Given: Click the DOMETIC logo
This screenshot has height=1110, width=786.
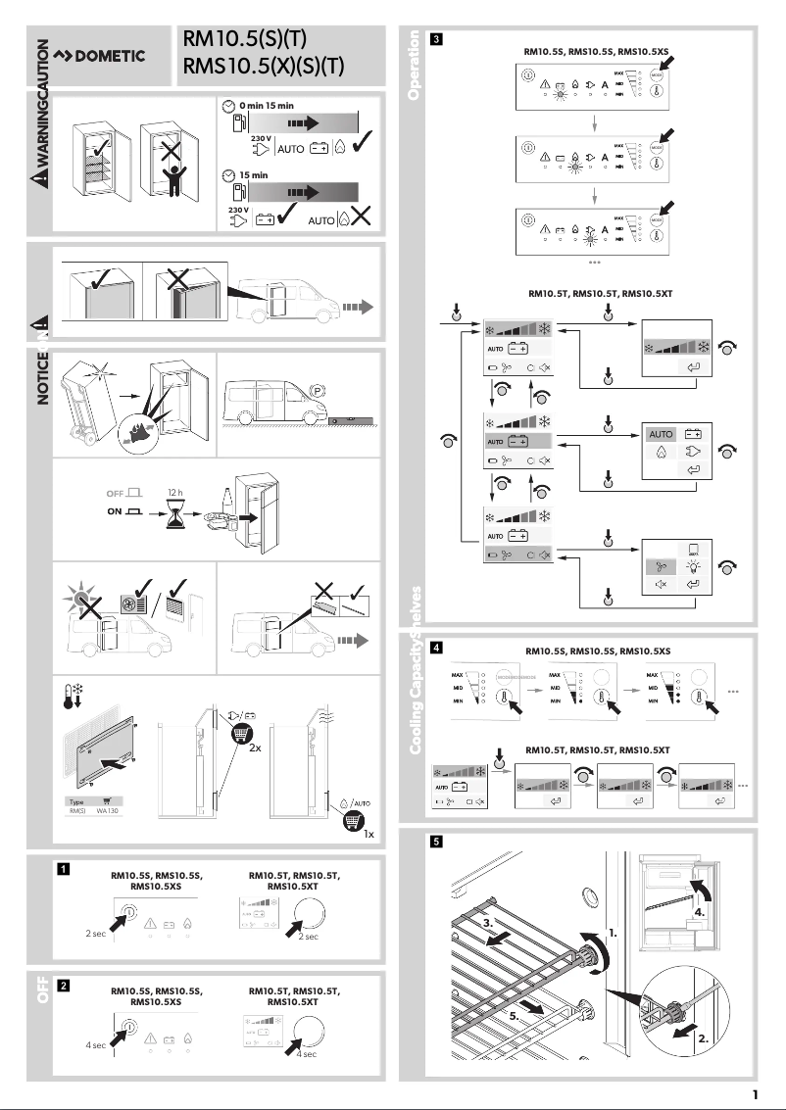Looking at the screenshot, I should [99, 55].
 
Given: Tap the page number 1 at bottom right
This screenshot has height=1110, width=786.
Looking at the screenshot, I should [755, 1094].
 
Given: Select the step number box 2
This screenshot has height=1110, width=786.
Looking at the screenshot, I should [63, 985].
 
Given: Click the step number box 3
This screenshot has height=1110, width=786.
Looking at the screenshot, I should [436, 40].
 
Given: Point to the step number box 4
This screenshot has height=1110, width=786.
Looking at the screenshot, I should [436, 647].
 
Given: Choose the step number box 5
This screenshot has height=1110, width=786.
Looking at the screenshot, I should [436, 841].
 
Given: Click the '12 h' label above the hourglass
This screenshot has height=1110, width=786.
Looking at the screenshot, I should [175, 491].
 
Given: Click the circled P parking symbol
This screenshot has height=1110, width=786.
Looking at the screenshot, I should [318, 389].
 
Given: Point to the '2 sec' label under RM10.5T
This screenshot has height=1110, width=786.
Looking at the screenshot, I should [307, 937].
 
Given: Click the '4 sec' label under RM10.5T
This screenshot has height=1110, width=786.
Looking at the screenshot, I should [307, 1053].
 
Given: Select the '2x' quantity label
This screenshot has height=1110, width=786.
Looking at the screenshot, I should [255, 747].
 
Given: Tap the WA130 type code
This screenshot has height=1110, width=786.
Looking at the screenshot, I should [108, 811].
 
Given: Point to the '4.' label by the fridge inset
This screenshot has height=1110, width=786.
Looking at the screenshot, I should [699, 911].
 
